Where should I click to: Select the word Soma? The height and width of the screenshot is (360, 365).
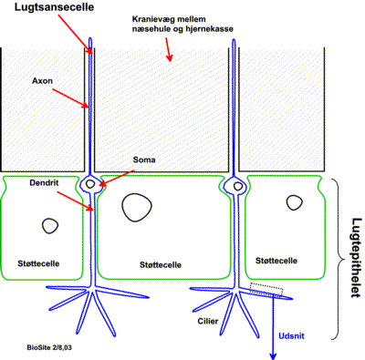tap(142, 159)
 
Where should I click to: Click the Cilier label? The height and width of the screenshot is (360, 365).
tap(209, 321)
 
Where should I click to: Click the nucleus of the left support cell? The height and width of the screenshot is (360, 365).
tap(48, 224)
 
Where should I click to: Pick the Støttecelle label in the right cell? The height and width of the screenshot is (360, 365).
tap(275, 260)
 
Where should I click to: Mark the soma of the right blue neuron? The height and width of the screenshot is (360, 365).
tap(236, 186)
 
